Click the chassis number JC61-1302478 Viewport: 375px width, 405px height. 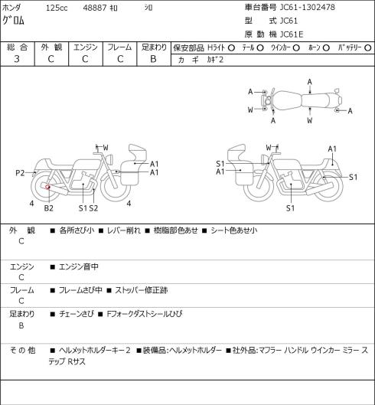coord(308,7)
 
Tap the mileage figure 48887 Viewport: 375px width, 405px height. coord(95,8)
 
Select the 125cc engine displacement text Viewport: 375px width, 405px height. coord(57,8)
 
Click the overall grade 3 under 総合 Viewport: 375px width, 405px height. coord(17,59)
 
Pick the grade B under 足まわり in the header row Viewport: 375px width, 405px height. coord(153,59)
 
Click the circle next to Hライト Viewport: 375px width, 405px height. coord(231,47)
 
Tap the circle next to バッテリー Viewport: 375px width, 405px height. coord(368,47)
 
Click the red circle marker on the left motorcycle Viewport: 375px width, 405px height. coord(47,187)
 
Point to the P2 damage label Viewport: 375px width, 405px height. coord(20,173)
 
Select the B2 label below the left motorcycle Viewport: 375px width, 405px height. coord(48,208)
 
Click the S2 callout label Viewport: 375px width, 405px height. coord(93,208)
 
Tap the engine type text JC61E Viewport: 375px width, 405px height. coord(292,34)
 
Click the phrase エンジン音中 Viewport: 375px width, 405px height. coord(79,266)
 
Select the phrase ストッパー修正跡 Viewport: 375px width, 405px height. coord(142,290)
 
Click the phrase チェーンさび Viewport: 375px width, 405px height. coord(77,314)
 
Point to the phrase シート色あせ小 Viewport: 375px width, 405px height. coord(234,230)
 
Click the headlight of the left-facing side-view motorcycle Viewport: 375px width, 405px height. coord(265,158)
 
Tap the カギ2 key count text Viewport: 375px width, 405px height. coord(215,60)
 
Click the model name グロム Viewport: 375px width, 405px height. coord(14,21)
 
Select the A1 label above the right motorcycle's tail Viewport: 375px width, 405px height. coord(332,149)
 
